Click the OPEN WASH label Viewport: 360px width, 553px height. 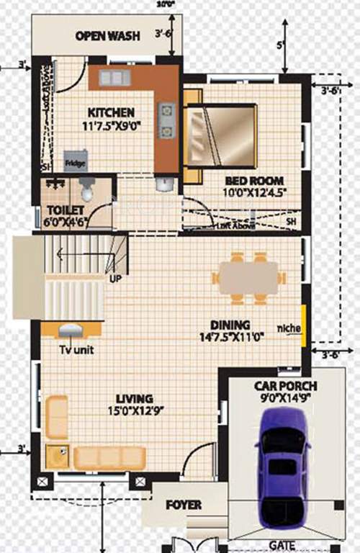108,36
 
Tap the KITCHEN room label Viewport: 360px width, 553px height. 111,112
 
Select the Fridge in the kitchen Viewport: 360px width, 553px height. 76,162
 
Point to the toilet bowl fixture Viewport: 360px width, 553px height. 87,189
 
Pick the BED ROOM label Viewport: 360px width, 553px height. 254,180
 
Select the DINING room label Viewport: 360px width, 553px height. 230,324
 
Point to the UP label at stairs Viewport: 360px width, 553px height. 114,278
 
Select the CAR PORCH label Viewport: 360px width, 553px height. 286,386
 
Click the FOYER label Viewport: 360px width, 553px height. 184,505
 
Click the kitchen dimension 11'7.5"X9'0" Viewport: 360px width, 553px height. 111,125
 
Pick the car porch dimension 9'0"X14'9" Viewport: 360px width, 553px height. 286,398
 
